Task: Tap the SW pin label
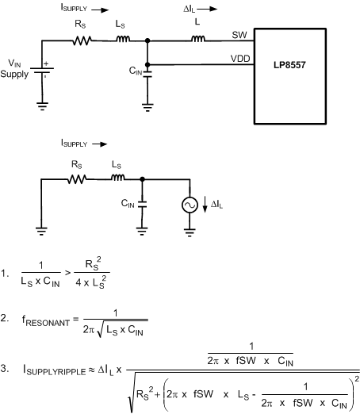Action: click(x=239, y=35)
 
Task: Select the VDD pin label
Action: click(x=240, y=58)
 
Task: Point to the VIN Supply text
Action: click(x=18, y=67)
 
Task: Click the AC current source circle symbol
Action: click(x=190, y=205)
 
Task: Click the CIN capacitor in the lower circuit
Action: click(x=142, y=205)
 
